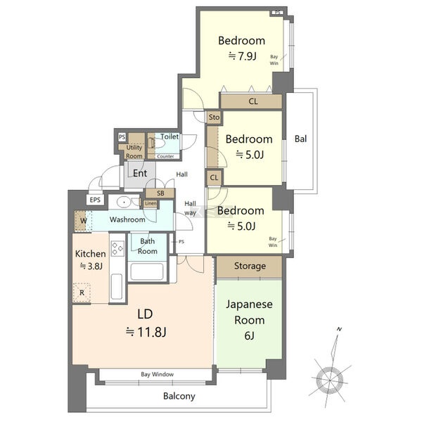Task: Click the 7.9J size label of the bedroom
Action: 242,56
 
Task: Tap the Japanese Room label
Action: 249,312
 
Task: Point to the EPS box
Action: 95,200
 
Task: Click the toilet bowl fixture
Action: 156,143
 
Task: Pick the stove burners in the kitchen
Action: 118,248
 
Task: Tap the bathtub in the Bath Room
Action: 147,271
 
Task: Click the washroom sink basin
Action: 124,202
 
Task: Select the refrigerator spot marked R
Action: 82,293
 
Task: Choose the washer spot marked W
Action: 80,221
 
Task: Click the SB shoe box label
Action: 160,193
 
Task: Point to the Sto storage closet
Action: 214,117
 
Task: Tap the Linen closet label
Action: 151,204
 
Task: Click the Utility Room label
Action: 134,151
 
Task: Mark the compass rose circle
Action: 330,381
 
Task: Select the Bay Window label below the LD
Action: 157,374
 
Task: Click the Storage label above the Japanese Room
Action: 250,266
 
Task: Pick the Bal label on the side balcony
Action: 300,139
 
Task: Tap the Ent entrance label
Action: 140,173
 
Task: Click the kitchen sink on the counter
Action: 117,287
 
